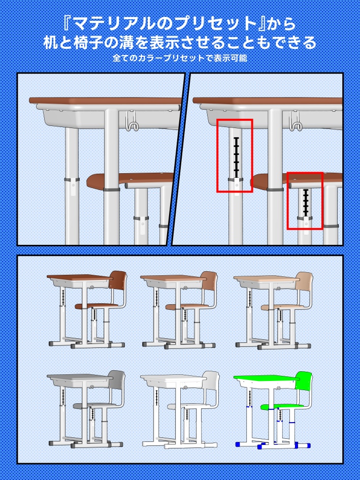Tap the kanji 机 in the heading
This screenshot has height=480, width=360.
[x=51, y=42]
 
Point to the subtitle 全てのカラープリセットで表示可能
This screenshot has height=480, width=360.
[x=180, y=58]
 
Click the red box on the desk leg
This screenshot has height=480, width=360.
[x=235, y=155]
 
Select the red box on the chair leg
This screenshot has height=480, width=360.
[x=305, y=201]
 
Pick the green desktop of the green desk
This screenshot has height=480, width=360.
[x=265, y=378]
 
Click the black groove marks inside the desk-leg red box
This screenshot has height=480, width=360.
[x=236, y=155]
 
